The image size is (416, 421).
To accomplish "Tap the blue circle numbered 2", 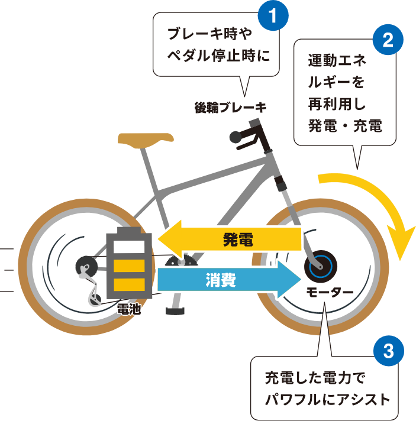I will (x=388, y=41).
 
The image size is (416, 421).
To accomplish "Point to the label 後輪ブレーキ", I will (x=230, y=108).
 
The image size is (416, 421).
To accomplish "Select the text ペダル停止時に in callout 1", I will (x=219, y=57).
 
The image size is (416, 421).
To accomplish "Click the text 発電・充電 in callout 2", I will (x=345, y=126).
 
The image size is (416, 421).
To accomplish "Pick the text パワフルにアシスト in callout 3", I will (x=327, y=399).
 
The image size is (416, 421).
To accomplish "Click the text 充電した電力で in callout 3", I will (x=316, y=376).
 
